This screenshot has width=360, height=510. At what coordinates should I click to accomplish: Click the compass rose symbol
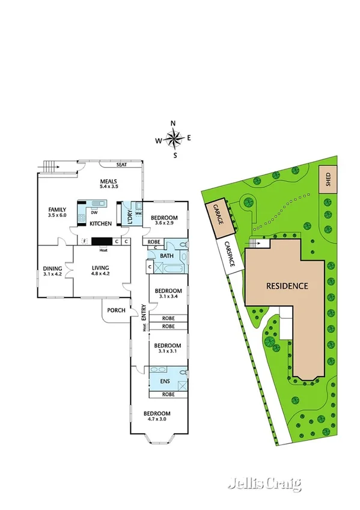(x=174, y=139)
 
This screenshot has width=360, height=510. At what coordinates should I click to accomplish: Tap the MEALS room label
(x=108, y=182)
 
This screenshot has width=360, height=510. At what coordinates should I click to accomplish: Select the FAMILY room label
(x=57, y=210)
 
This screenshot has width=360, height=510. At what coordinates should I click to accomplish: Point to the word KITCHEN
(x=100, y=224)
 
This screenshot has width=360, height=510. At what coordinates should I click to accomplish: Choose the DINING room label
(x=52, y=269)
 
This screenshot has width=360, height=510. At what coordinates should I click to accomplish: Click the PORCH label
(x=116, y=310)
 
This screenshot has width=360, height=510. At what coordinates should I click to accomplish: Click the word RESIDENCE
(x=287, y=286)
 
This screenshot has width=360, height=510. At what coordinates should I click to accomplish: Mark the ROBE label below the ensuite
(x=168, y=395)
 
